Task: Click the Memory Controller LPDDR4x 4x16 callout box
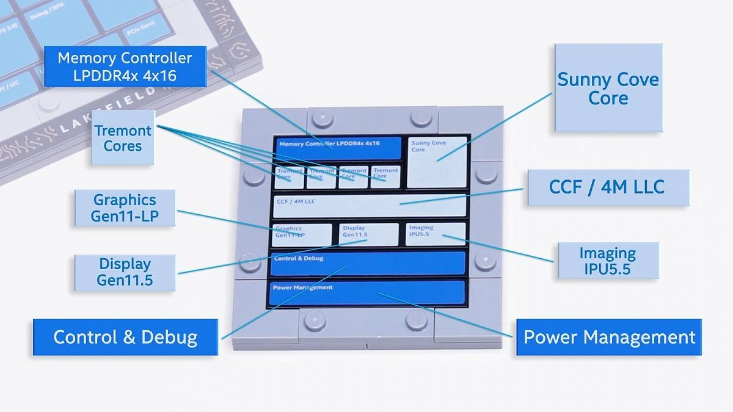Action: [125, 67]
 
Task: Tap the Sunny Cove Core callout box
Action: [608, 88]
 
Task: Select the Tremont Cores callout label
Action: [122, 138]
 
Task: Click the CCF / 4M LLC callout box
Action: [606, 187]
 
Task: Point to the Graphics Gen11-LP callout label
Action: [124, 208]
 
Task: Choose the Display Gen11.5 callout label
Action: [125, 272]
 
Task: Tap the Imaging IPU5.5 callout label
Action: [608, 261]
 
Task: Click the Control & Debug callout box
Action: [125, 337]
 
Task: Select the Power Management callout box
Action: [609, 337]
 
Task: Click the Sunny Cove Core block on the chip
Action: [437, 162]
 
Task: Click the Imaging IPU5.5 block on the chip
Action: [436, 234]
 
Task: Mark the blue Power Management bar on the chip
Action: [366, 293]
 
